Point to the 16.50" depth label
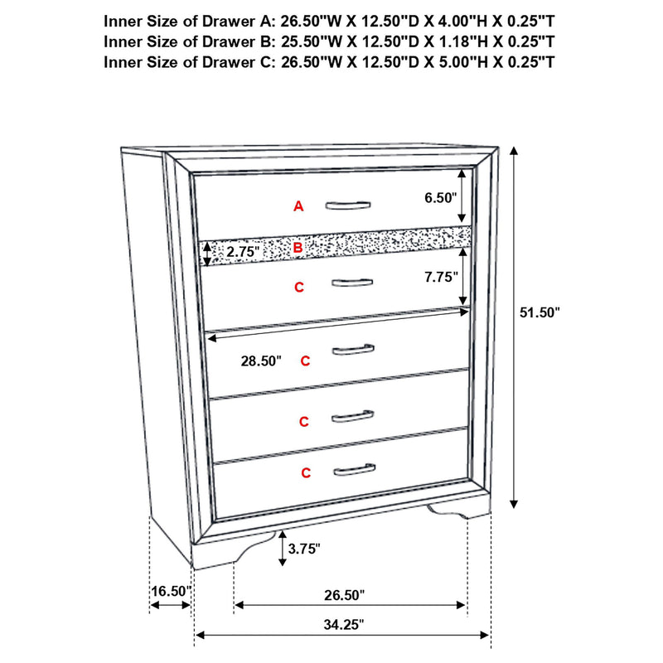(171, 592)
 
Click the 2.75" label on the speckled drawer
(243, 250)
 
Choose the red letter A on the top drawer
(298, 206)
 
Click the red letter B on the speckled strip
(298, 247)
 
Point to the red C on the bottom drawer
(306, 473)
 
